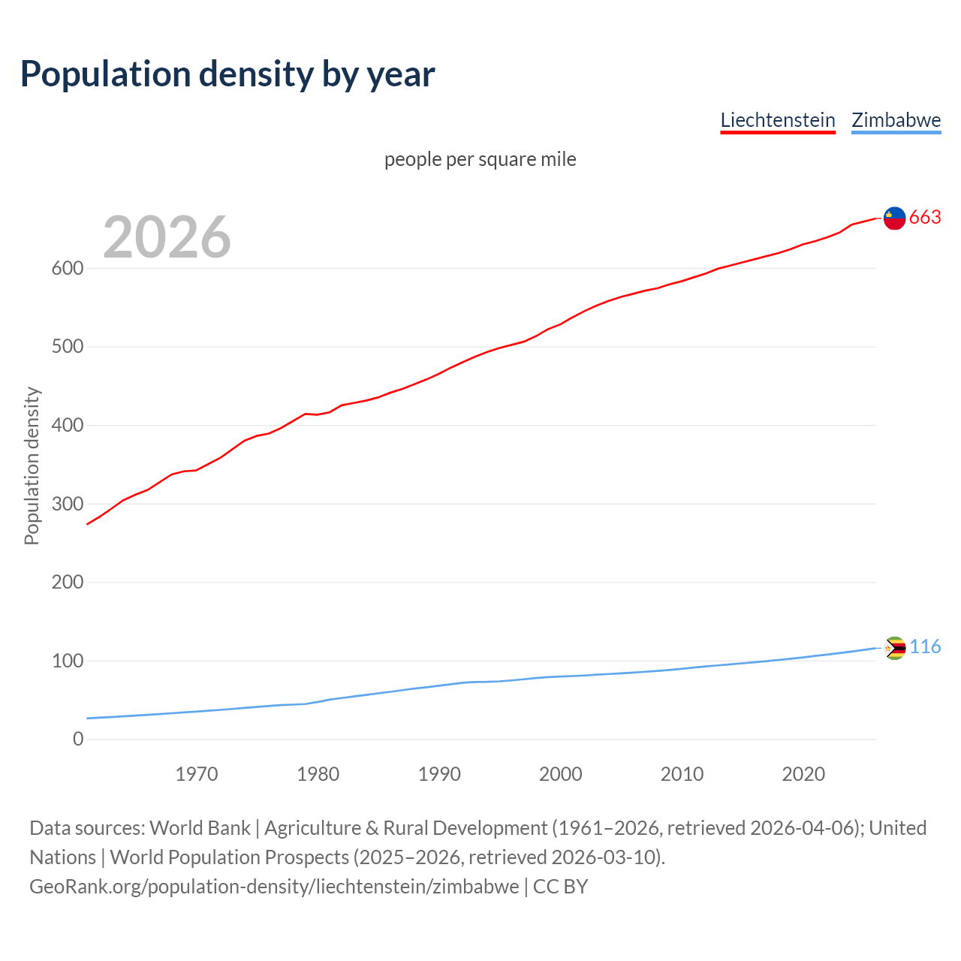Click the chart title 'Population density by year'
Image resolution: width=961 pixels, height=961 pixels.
pos(227,74)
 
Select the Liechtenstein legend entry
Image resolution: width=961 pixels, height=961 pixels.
pos(778,120)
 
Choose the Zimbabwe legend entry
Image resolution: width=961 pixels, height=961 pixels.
pos(896,120)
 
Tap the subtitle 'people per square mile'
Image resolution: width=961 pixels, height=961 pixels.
pos(480,159)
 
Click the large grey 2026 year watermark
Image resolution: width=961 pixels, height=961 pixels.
pos(167,237)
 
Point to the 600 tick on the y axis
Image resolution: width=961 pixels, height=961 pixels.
pos(68,268)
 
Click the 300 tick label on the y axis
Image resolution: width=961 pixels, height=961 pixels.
pos(68,504)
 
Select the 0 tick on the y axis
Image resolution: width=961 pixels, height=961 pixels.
pos(78,739)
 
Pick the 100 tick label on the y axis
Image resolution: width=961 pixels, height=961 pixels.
pos(68,661)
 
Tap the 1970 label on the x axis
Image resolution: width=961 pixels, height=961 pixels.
pos(197,774)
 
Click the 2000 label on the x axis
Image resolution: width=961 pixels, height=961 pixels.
pos(560,774)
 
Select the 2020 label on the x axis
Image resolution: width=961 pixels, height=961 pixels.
pos(803,774)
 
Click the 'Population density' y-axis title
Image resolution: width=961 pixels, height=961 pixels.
pos(32,465)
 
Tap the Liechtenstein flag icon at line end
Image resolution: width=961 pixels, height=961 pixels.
pos(894,218)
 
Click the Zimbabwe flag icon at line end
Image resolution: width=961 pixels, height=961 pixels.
pos(895,648)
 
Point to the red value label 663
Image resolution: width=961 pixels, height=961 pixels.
pos(925,218)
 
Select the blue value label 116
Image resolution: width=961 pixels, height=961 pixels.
pos(925,647)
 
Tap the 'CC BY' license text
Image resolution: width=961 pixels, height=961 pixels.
pos(560,886)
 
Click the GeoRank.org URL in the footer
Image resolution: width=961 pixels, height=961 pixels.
pos(274,886)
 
